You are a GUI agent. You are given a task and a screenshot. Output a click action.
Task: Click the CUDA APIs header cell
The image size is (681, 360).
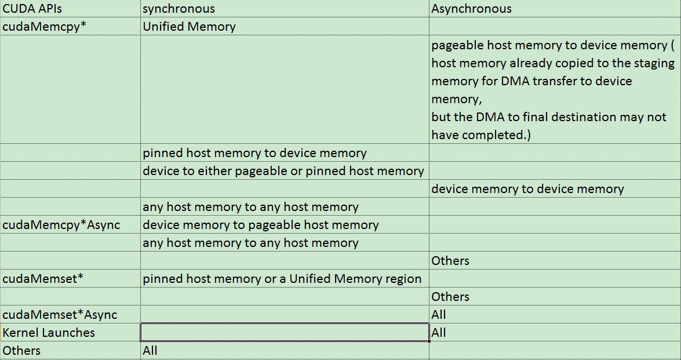(x=32, y=9)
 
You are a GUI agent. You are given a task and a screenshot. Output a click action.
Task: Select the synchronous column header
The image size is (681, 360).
(x=179, y=9)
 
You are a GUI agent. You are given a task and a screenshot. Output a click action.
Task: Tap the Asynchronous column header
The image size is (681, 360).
(x=471, y=9)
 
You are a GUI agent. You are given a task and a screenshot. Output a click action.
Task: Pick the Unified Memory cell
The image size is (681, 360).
(x=189, y=27)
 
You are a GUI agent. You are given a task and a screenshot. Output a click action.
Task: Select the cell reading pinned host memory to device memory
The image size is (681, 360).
(x=254, y=153)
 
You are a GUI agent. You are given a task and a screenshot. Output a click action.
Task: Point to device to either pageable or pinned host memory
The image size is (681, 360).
(x=283, y=171)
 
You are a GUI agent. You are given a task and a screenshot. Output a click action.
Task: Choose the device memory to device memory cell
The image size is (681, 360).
(x=527, y=189)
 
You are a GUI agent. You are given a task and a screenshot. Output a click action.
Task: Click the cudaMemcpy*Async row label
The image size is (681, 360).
(x=61, y=225)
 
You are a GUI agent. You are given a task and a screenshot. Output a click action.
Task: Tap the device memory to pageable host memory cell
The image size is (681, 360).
(x=261, y=225)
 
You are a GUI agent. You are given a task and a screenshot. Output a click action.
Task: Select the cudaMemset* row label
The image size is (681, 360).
(x=43, y=279)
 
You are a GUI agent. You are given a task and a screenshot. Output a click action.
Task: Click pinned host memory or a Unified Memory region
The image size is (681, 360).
(x=282, y=279)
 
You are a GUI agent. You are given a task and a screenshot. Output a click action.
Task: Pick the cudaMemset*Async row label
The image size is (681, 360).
(x=60, y=315)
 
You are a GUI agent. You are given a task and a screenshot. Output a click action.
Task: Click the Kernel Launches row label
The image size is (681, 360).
(x=49, y=333)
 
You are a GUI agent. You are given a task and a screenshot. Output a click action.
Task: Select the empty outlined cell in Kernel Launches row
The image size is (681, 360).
(x=285, y=333)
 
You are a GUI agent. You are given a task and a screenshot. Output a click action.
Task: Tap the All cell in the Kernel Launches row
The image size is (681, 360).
(x=439, y=333)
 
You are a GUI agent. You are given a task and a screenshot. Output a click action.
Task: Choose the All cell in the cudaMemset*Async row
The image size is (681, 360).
(x=439, y=315)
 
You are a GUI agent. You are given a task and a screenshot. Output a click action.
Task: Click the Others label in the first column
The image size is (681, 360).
(x=21, y=351)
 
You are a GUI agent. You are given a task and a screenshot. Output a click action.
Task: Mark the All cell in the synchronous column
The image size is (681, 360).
(x=150, y=351)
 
